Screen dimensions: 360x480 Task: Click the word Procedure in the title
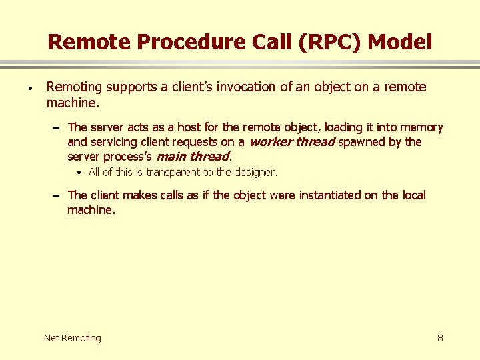click(x=174, y=43)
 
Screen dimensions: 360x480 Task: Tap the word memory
click(x=421, y=127)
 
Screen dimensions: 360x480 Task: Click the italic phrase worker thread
click(x=291, y=142)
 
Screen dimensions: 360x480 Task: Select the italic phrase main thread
click(x=192, y=157)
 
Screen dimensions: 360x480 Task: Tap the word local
click(x=413, y=195)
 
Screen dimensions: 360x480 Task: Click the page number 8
click(x=440, y=338)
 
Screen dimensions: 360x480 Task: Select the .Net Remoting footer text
click(x=71, y=338)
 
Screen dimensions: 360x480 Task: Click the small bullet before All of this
click(x=79, y=172)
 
